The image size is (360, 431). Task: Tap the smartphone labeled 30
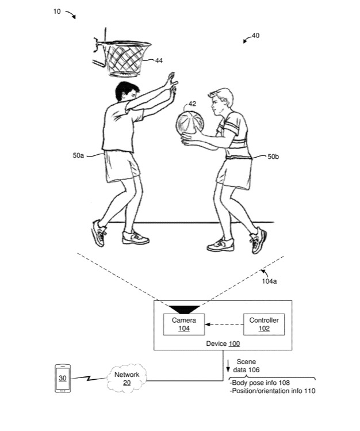62,378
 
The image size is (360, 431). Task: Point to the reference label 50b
274,156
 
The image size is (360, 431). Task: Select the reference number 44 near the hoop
159,60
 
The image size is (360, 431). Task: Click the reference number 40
255,36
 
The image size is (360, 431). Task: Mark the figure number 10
57,10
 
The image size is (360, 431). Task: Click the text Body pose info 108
259,382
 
